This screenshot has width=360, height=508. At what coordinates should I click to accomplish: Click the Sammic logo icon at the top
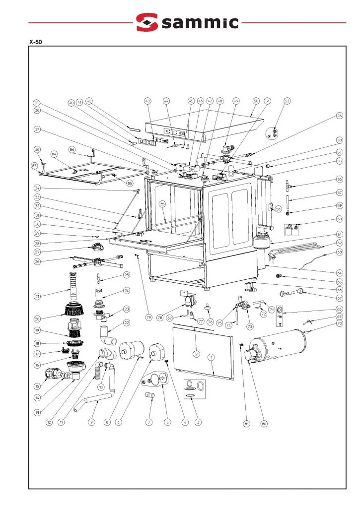[x=147, y=22]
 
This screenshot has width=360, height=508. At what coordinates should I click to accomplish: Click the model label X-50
[x=35, y=42]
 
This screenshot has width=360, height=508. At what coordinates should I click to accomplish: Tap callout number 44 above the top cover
[x=166, y=101]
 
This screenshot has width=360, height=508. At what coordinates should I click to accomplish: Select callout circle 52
[x=287, y=101]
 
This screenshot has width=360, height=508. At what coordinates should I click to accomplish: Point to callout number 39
[x=36, y=103]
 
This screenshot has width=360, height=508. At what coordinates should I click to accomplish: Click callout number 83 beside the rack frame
[x=34, y=165]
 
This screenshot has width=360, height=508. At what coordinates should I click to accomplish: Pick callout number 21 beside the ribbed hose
[x=37, y=297]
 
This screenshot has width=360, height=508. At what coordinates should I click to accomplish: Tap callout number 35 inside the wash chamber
[x=162, y=204]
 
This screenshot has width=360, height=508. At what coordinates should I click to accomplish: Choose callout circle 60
[x=340, y=219]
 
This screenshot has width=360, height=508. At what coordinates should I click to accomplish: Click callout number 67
[x=340, y=298]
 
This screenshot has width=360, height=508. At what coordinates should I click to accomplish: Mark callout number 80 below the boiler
[x=264, y=424]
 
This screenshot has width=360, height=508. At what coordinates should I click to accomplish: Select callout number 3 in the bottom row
[x=198, y=422]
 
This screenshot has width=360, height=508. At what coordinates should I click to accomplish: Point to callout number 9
[x=92, y=422]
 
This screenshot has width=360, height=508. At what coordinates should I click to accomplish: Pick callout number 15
[x=37, y=386]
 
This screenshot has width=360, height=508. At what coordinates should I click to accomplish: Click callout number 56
[x=340, y=179]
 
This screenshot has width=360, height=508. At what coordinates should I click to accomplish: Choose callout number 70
[x=340, y=323]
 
